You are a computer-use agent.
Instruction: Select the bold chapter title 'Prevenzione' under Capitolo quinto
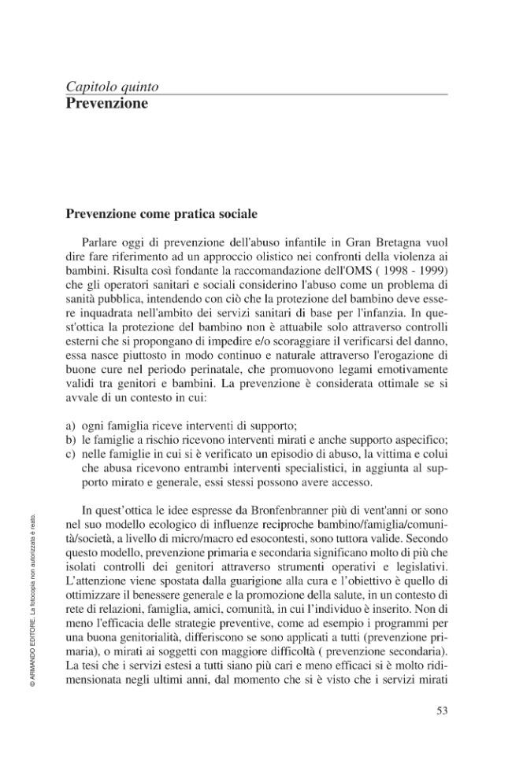click(106, 103)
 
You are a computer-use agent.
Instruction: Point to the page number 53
click(442, 711)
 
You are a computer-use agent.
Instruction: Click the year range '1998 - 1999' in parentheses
click(414, 269)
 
